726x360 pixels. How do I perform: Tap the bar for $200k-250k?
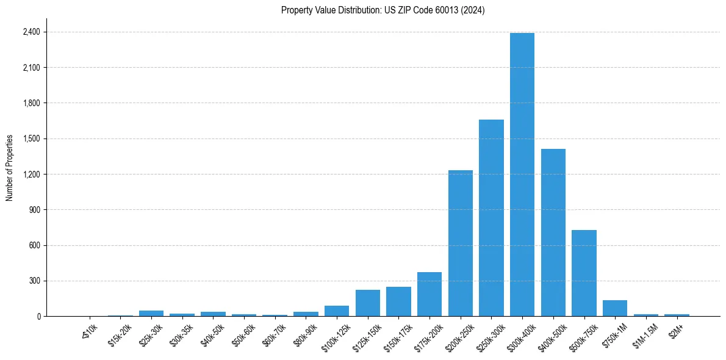(x=461, y=243)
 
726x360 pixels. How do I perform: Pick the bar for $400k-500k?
(x=553, y=232)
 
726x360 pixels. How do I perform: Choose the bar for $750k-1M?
(x=615, y=308)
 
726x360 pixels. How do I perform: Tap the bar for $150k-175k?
(x=398, y=301)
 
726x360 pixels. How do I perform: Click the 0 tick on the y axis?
(x=38, y=317)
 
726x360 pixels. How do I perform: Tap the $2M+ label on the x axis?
(x=676, y=329)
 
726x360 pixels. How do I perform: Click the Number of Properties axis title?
(x=10, y=168)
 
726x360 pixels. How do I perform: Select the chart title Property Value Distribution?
(x=383, y=10)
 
